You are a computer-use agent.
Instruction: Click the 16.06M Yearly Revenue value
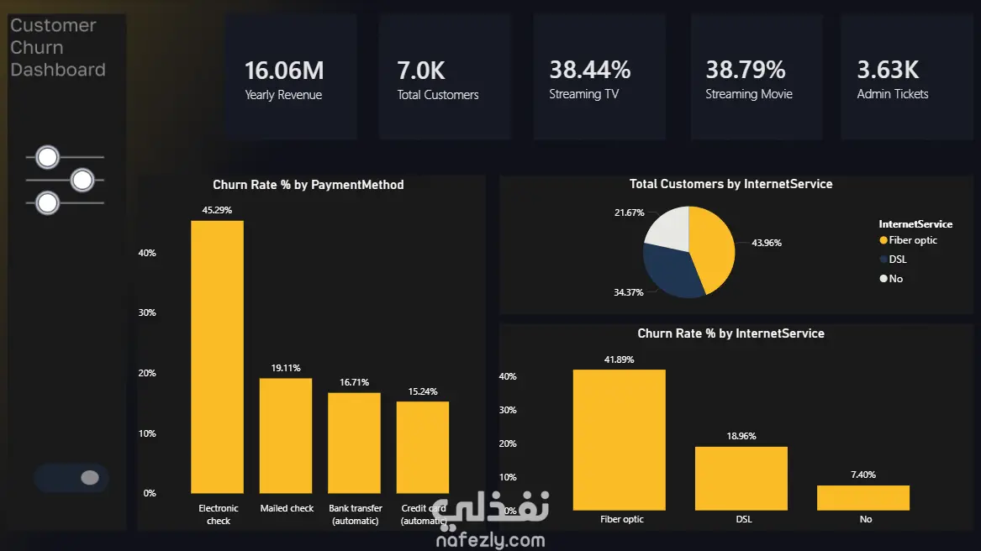coord(284,71)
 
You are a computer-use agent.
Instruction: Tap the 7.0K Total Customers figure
coord(421,71)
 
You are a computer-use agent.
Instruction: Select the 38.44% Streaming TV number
coord(590,70)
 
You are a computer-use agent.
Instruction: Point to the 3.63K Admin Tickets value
coord(888,70)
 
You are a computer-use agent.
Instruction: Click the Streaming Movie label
coord(749,94)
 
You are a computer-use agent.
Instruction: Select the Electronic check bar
coord(217,357)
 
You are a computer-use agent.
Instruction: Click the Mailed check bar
coord(285,436)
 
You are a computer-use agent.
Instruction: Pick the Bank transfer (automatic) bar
coord(354,443)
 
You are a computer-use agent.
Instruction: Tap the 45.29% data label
coord(217,210)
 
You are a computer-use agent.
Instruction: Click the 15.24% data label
coord(423,391)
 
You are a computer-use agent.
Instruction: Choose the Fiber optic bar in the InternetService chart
coord(620,439)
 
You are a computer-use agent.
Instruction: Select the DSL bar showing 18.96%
coord(741,479)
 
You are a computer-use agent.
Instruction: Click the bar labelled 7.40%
coord(863,498)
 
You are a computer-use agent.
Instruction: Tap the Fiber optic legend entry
coord(909,240)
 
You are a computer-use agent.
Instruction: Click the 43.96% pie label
coord(767,243)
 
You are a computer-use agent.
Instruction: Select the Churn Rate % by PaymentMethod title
coord(309,185)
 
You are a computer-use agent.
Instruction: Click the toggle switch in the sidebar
coord(72,478)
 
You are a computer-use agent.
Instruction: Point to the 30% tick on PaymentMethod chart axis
coord(147,312)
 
